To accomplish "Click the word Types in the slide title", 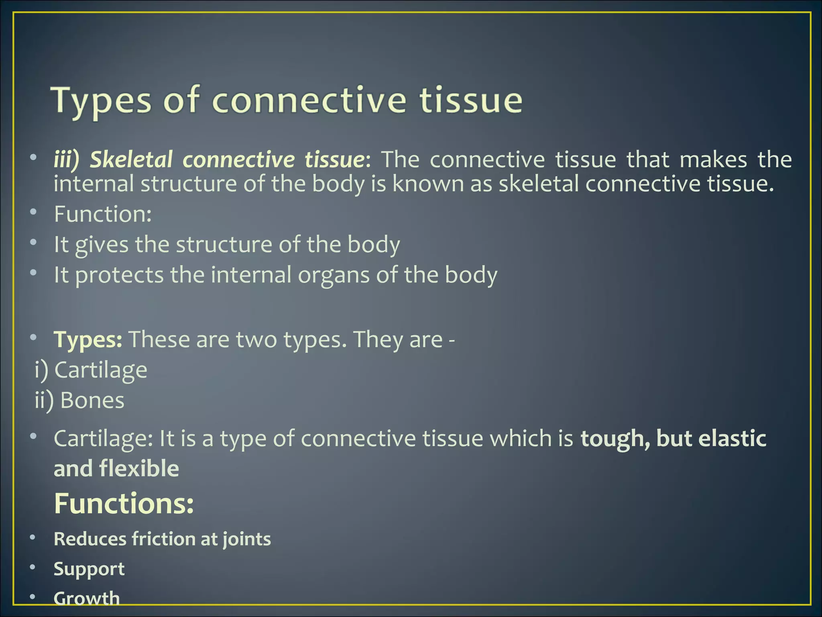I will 103,100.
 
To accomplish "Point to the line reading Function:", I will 103,214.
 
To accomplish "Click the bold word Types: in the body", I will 88,339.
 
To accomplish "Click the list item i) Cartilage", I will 91,370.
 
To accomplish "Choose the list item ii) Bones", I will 80,400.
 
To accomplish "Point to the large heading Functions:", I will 124,504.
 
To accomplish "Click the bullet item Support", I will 89,569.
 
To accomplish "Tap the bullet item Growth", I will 87,598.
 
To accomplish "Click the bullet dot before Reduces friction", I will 33,537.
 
